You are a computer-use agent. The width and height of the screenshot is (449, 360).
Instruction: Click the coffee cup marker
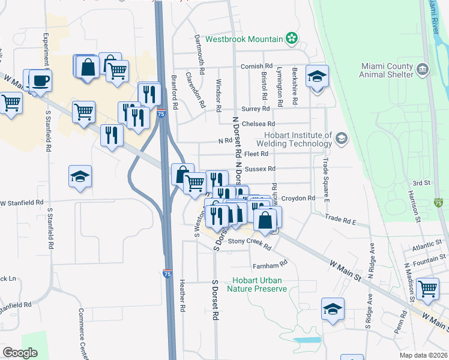(40, 80)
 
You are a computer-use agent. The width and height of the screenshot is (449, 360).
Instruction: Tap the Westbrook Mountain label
(244, 39)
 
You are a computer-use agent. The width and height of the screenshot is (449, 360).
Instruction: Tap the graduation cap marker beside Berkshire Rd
(317, 77)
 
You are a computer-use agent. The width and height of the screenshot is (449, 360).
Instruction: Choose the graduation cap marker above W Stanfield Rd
(80, 176)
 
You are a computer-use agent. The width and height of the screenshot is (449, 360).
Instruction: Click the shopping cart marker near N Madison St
(429, 289)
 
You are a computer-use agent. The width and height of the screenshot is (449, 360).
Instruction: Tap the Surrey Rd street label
(255, 109)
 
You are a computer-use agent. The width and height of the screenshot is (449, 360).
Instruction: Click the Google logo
(20, 352)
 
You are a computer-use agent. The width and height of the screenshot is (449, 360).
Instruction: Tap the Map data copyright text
(415, 354)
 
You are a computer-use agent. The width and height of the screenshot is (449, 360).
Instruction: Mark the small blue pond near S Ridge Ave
(307, 340)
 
